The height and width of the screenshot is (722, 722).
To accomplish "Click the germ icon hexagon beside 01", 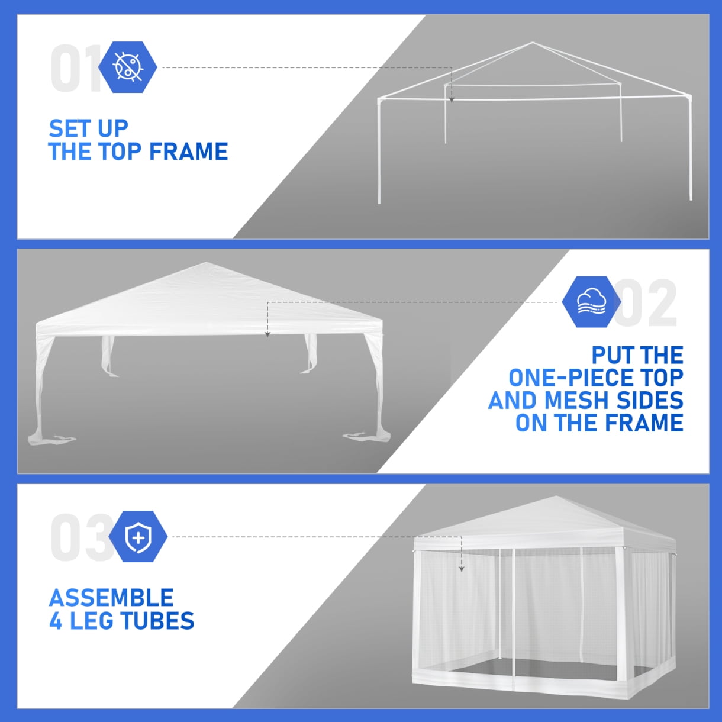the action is coord(127,67).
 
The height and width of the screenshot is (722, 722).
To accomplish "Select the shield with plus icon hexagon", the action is coord(138,537).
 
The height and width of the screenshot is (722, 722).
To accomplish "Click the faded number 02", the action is coord(645,303).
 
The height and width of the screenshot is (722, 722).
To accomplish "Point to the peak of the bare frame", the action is coord(533,43).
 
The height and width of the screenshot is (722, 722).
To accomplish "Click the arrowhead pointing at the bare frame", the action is coord(452,100).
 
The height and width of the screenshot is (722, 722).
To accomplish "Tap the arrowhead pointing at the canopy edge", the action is coord(267,335).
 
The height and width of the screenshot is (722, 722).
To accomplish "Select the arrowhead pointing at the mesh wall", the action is coord(461,569).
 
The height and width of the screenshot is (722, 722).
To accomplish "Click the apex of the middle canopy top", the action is coord(206,263).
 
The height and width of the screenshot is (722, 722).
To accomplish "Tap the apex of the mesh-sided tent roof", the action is coord(556,497).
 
